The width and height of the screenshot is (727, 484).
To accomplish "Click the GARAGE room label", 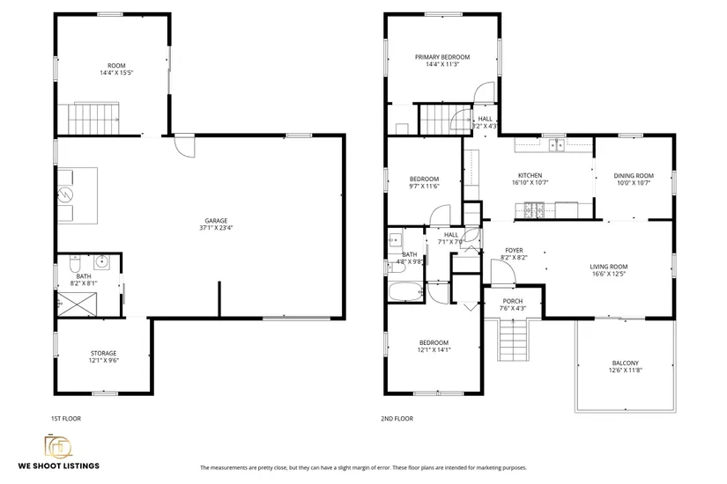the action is [x=216, y=221].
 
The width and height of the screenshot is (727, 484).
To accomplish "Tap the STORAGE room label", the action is [x=103, y=354].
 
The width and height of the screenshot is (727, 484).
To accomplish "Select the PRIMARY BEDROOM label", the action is [x=442, y=57].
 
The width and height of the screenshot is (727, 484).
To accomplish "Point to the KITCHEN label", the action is [x=530, y=175].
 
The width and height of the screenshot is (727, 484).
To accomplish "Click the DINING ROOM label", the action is [x=634, y=176].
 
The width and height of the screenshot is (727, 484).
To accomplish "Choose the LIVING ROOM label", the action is [x=609, y=267].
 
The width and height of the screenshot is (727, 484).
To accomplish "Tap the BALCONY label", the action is [x=626, y=363].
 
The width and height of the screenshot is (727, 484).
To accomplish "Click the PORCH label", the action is [x=513, y=301].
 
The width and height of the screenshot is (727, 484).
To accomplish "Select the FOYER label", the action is [x=514, y=251].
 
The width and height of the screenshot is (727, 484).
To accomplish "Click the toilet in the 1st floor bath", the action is [x=76, y=263].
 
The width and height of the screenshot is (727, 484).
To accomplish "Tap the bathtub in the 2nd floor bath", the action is [x=405, y=292].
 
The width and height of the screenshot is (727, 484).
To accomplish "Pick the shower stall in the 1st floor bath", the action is [x=77, y=304].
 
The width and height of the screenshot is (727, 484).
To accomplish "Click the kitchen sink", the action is [x=557, y=145].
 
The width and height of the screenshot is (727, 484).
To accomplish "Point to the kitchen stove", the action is [x=534, y=209].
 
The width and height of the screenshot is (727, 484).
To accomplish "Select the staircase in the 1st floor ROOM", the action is [x=94, y=119].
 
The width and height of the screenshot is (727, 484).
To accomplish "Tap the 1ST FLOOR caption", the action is [x=66, y=419].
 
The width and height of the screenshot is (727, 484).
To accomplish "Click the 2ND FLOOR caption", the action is [x=397, y=419].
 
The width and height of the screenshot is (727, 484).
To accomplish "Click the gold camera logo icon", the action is [x=58, y=446].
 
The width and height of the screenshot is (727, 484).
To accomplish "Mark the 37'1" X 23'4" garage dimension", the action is [x=216, y=228].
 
